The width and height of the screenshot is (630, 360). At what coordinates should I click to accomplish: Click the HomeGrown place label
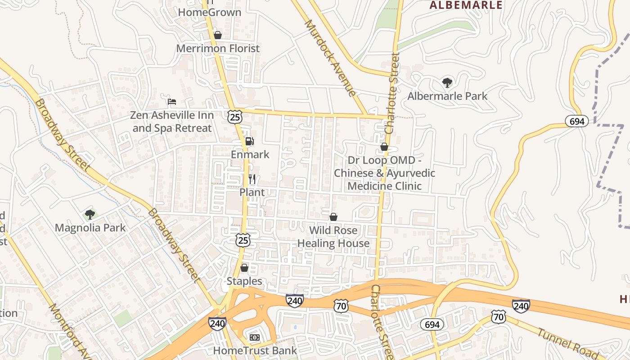[x=210, y=12]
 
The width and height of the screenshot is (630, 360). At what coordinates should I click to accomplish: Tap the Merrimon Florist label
[x=218, y=48]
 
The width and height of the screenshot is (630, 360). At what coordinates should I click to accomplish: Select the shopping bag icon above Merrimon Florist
[x=218, y=35]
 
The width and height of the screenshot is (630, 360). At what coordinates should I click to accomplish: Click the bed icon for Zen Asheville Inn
[x=172, y=102]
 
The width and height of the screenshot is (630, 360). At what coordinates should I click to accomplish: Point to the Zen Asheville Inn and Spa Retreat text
[x=172, y=121]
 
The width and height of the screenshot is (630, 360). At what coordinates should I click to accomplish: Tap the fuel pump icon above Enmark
[x=250, y=141]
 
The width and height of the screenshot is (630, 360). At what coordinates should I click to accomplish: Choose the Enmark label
[x=250, y=154]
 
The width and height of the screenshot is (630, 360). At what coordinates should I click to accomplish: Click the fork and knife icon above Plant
[x=252, y=179]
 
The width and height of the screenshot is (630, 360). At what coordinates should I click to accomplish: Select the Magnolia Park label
[x=90, y=228]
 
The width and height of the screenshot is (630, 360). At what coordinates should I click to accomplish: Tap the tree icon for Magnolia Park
[x=90, y=215]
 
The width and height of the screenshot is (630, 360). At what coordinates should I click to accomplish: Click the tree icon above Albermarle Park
[x=447, y=83]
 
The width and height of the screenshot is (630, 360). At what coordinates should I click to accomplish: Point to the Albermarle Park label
[x=447, y=96]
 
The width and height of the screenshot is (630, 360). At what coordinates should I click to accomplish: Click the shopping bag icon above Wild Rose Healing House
[x=333, y=217]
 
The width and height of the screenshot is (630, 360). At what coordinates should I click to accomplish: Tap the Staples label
[x=244, y=281]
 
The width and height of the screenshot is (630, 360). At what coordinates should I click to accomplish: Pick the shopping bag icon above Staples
[x=244, y=268]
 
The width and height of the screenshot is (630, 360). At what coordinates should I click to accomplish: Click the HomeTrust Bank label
[x=255, y=351]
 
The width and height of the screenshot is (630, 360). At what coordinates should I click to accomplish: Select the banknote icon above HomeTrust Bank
[x=255, y=337]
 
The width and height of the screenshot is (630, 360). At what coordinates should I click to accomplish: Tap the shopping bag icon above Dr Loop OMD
[x=384, y=147]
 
